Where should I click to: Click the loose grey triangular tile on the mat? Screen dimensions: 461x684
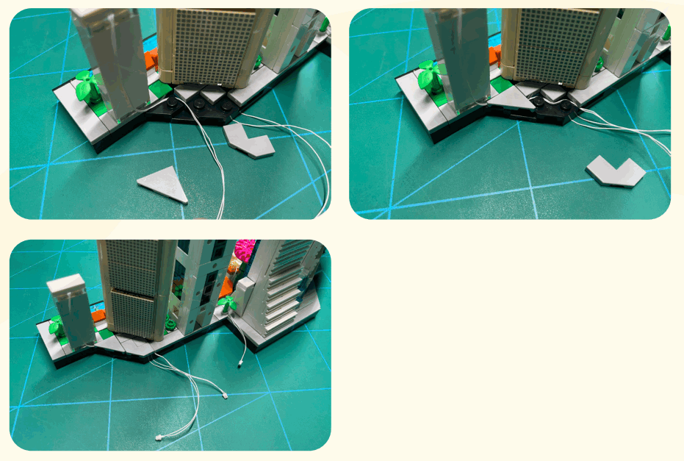(x=163, y=182)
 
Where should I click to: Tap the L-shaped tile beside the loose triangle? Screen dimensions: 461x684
(x=249, y=140)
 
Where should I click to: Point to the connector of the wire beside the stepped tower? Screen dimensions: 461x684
(x=240, y=363)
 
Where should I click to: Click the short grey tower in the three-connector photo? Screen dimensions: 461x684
(x=71, y=309)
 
